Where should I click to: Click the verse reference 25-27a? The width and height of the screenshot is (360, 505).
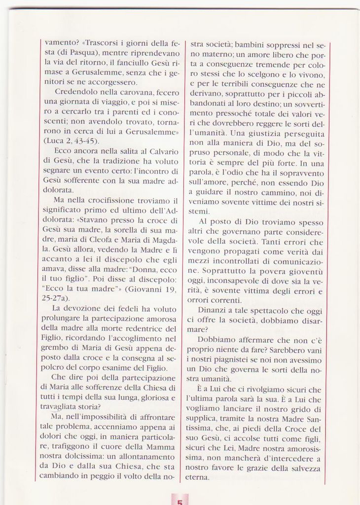click(56, 298)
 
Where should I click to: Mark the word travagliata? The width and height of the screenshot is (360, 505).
click(59, 407)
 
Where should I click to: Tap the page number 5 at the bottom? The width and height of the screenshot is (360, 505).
click(180, 501)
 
